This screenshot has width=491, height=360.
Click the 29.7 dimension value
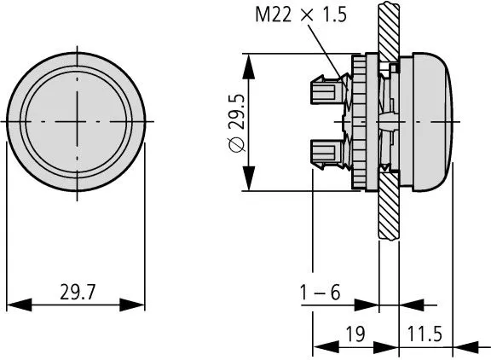coord(77,293)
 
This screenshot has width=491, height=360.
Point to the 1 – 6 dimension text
coord(321,293)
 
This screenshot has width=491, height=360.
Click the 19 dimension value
coord(356,334)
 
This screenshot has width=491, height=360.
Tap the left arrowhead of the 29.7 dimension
coord(12,305)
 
